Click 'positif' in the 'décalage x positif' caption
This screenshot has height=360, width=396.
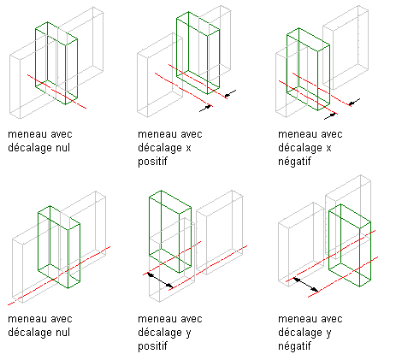coord(152,162)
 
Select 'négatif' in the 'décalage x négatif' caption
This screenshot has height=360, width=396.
coord(294,162)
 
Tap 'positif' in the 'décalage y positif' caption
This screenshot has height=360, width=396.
coord(152,346)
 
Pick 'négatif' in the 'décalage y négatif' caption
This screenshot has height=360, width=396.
coord(294,346)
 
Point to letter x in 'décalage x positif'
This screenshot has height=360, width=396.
coord(188,149)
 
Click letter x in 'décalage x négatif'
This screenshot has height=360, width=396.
coord(328,149)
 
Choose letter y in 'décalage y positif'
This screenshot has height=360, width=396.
coord(188,334)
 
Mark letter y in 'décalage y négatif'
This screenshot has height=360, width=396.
coord(328,334)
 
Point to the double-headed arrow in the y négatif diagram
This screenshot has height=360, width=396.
coord(306,285)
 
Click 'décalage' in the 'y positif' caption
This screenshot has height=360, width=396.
coord(160,333)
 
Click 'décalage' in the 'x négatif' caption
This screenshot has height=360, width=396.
coord(300,148)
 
